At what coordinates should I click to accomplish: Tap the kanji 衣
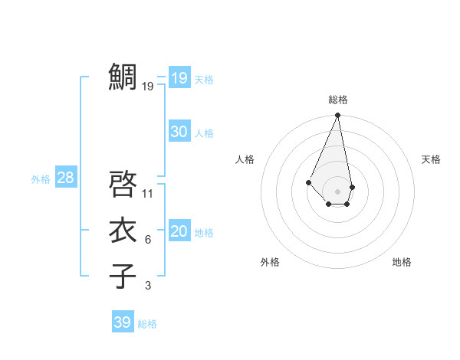pos(123,231)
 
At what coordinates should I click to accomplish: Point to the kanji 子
pos(123,276)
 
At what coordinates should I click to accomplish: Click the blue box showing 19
pos(179,77)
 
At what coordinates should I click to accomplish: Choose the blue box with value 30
pos(179,132)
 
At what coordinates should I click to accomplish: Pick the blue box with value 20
pos(179,231)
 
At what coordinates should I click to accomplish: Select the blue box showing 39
pos(122,322)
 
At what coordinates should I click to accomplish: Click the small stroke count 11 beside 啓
pos(148,193)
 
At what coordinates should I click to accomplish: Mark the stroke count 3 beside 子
pos(148,286)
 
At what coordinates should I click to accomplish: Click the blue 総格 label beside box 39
pos(147,324)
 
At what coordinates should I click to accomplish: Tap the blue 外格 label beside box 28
pos(41,179)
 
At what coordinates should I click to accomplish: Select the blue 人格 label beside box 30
pos(204,133)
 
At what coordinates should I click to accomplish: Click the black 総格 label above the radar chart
pos(337,100)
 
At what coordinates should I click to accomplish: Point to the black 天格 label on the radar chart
pos(431,159)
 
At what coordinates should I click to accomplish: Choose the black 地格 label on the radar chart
pos(402,262)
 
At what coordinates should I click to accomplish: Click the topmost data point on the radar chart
pos(337,116)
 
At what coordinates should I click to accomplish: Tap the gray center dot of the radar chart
pos(337,191)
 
